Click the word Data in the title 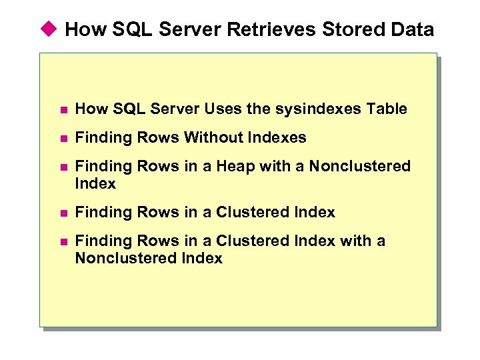(412, 30)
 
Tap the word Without (213, 138)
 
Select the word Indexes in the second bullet (277, 138)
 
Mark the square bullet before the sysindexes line (63, 110)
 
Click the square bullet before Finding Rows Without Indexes (63, 139)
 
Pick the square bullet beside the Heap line (63, 167)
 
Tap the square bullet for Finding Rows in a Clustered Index (63, 213)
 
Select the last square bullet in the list (63, 242)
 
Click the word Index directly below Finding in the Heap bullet (95, 183)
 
